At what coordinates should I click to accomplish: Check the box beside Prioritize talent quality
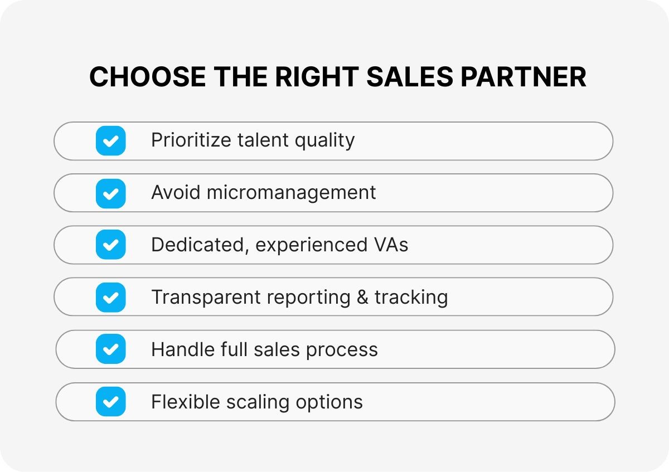[x=110, y=140]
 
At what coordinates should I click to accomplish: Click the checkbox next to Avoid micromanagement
[x=110, y=193]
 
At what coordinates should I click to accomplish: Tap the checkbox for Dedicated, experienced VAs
[x=110, y=245]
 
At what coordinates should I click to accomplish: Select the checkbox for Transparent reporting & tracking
[x=110, y=297]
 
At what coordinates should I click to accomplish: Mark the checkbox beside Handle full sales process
[x=110, y=349]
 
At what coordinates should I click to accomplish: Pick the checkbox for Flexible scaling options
[x=110, y=401]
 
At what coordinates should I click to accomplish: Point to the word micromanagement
[x=292, y=193]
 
